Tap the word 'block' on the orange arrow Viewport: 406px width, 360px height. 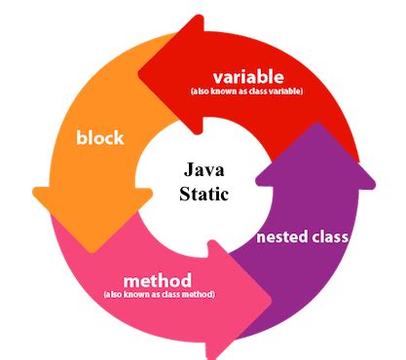point(100,137)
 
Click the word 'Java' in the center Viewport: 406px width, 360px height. point(204,171)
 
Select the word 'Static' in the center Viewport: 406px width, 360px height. point(203,193)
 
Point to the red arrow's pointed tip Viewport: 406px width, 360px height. point(139,70)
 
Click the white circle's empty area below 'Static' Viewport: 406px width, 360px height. point(203,219)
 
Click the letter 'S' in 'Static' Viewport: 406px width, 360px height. point(185,193)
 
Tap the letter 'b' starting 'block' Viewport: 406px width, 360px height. point(82,137)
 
